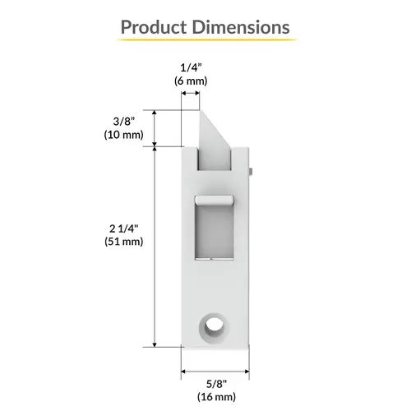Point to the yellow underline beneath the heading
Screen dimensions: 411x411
click(205, 42)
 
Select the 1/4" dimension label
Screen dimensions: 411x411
click(190, 67)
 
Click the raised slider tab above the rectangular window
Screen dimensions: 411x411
click(214, 199)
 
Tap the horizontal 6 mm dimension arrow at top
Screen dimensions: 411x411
click(190, 95)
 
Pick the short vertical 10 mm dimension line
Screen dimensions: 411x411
click(155, 127)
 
